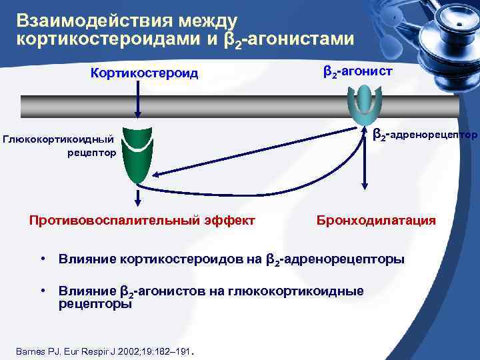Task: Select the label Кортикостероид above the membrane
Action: [x=145, y=73]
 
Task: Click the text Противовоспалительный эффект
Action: [x=141, y=220]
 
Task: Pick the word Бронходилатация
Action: [x=376, y=220]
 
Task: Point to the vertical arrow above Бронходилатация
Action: [x=364, y=160]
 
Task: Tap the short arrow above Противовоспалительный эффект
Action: [x=138, y=197]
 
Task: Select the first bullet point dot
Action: [x=42, y=258]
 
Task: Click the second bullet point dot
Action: [x=42, y=291]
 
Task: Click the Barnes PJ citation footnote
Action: [x=107, y=351]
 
